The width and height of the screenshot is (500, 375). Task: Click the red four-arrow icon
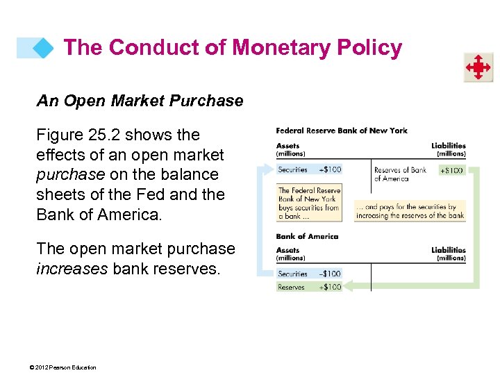(x=478, y=67)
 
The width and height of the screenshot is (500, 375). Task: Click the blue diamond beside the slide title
(x=42, y=48)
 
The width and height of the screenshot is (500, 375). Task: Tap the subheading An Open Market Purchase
(x=140, y=101)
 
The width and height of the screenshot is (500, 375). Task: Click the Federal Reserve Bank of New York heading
(x=342, y=131)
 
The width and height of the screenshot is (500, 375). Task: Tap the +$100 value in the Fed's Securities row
(x=330, y=169)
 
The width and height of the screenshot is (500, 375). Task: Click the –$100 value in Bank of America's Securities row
(x=330, y=274)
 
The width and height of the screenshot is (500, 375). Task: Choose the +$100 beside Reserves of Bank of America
(x=451, y=170)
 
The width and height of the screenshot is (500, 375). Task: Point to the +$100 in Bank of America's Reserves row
(x=330, y=287)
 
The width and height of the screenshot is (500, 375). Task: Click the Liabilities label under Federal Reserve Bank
(x=448, y=146)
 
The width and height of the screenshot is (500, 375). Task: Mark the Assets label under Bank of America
(x=288, y=250)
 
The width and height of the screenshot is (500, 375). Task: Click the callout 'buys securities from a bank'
(x=309, y=203)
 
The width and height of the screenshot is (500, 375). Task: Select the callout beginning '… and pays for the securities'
(x=410, y=211)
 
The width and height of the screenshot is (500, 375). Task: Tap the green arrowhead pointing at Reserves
(x=349, y=286)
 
